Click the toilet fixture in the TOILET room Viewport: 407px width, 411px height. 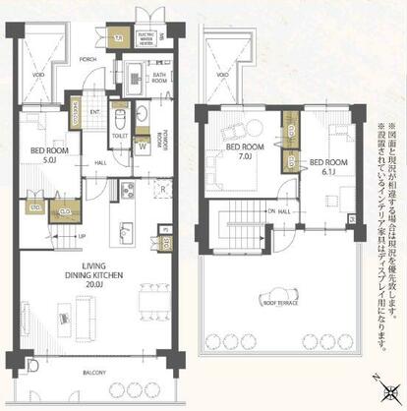(x=119, y=122)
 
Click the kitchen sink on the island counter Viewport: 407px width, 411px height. (x=126, y=231)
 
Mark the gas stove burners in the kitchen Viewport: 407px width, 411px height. (x=126, y=189)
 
